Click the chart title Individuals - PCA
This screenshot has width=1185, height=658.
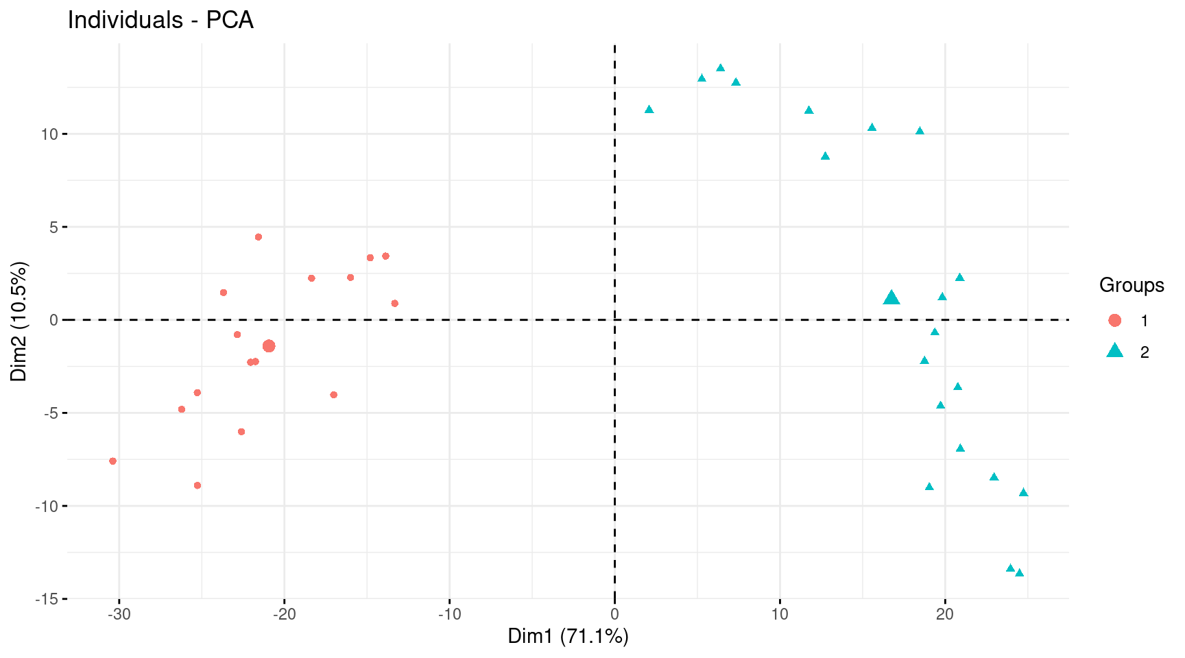(x=160, y=20)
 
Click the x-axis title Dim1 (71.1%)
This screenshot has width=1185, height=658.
(x=568, y=636)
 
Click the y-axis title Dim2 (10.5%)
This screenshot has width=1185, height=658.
(x=19, y=321)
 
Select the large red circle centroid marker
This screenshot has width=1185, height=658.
(x=269, y=346)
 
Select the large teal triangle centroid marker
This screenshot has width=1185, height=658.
(x=891, y=297)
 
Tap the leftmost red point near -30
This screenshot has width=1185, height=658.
(x=112, y=461)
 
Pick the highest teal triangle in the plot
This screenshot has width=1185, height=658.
(x=720, y=68)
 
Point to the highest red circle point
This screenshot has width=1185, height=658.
(x=259, y=237)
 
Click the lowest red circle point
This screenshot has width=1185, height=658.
(x=197, y=485)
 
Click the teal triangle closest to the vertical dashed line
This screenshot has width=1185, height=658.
(x=649, y=110)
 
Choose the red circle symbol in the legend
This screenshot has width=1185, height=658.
(x=1114, y=320)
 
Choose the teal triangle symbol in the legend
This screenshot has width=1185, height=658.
(x=1114, y=351)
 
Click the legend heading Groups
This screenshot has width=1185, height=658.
(x=1132, y=285)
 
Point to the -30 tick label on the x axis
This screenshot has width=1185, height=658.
(x=119, y=614)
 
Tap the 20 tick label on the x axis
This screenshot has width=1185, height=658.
(x=945, y=614)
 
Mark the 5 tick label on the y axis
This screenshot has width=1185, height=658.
(x=54, y=227)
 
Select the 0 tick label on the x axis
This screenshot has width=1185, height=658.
(x=614, y=614)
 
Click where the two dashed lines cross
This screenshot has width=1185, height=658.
(x=614, y=319)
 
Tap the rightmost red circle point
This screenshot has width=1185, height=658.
(x=394, y=304)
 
